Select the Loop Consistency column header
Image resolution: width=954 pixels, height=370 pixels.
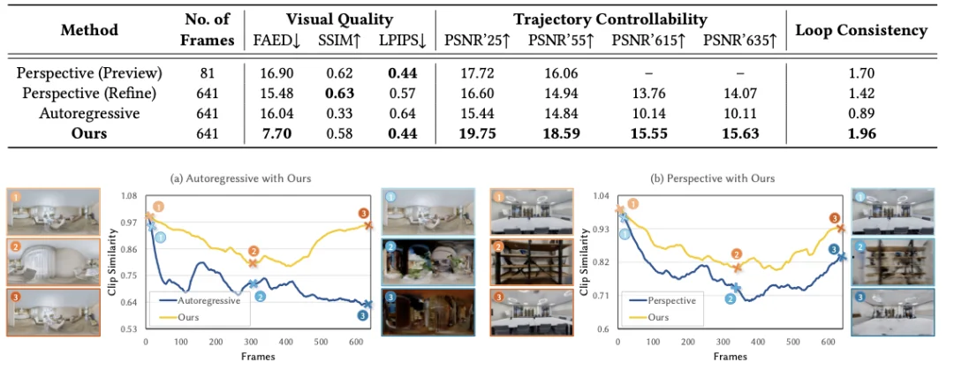click(861, 31)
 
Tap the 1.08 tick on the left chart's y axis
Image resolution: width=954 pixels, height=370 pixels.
click(130, 196)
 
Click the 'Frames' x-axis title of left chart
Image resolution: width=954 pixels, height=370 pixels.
click(256, 358)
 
